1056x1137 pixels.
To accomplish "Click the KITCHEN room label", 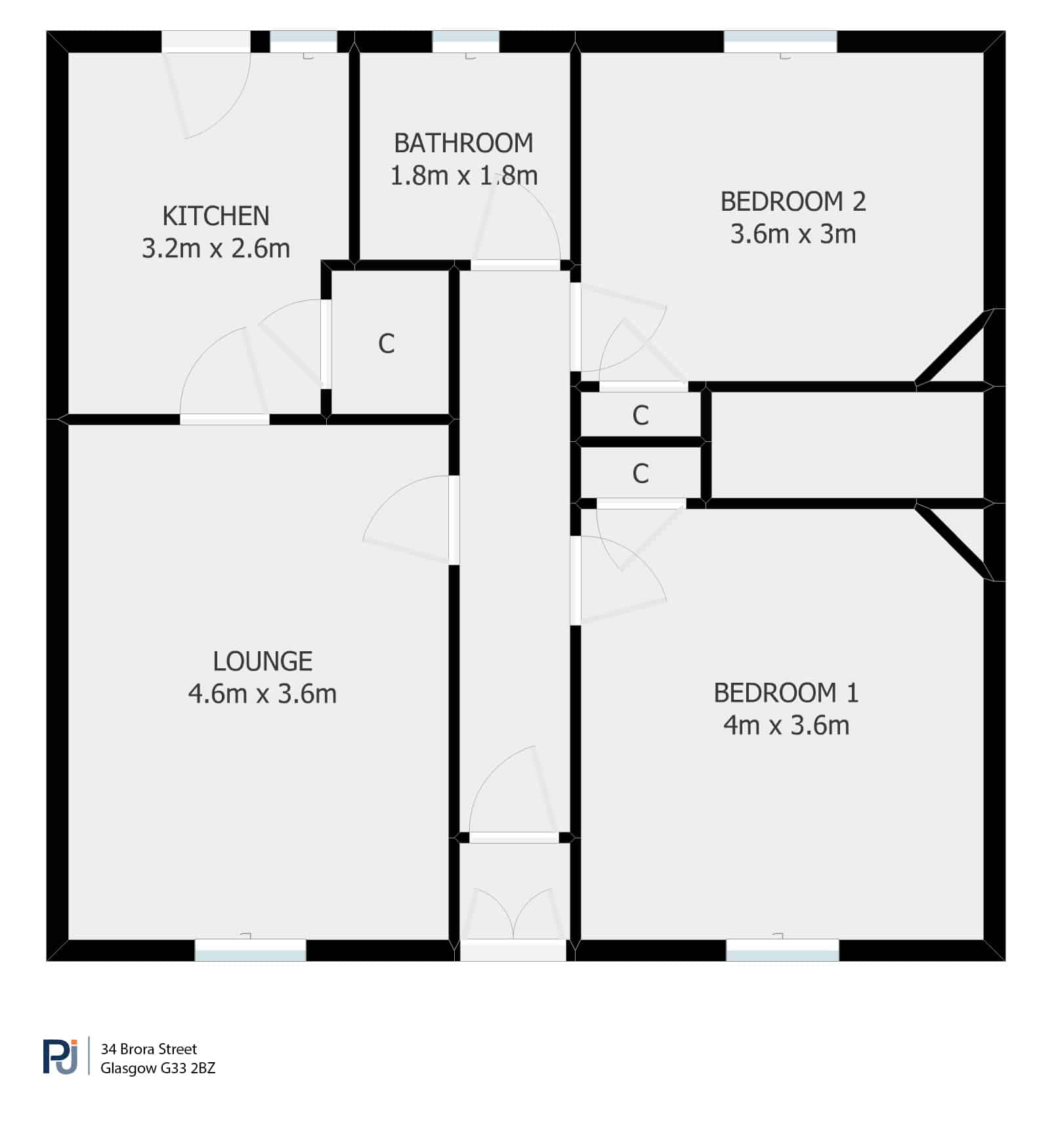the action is click(216, 216).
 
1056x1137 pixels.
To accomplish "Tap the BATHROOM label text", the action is click(463, 143).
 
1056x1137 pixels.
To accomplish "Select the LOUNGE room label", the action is click(263, 661).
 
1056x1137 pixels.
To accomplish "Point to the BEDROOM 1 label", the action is click(786, 693).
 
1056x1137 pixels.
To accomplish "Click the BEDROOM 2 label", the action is click(793, 202).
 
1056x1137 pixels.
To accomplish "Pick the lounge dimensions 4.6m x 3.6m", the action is click(263, 694).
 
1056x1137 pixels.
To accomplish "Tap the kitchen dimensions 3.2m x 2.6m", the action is click(216, 249).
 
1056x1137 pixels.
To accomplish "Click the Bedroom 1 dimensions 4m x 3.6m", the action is click(786, 726).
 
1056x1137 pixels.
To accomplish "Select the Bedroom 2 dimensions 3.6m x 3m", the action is click(793, 234).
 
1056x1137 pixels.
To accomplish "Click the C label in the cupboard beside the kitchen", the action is click(387, 344).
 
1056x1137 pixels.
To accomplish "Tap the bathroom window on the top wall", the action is click(466, 41).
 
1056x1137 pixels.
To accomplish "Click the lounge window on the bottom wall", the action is click(251, 951).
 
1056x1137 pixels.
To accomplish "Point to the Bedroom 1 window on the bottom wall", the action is click(782, 951).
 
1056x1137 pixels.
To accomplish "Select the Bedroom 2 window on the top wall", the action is click(780, 41).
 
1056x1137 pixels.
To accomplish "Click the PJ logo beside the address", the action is click(60, 1056).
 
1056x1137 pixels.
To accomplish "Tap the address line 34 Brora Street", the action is click(149, 1049).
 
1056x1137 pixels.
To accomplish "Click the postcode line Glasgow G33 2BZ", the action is click(158, 1068).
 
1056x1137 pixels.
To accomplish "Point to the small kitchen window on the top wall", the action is click(304, 41).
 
